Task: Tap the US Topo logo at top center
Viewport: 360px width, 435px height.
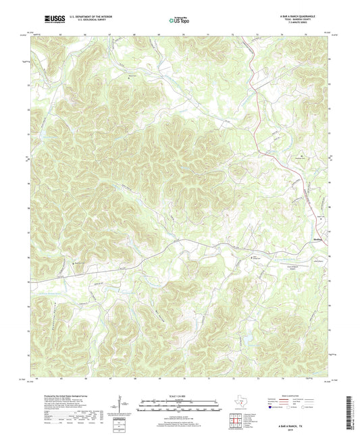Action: pos(179,20)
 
